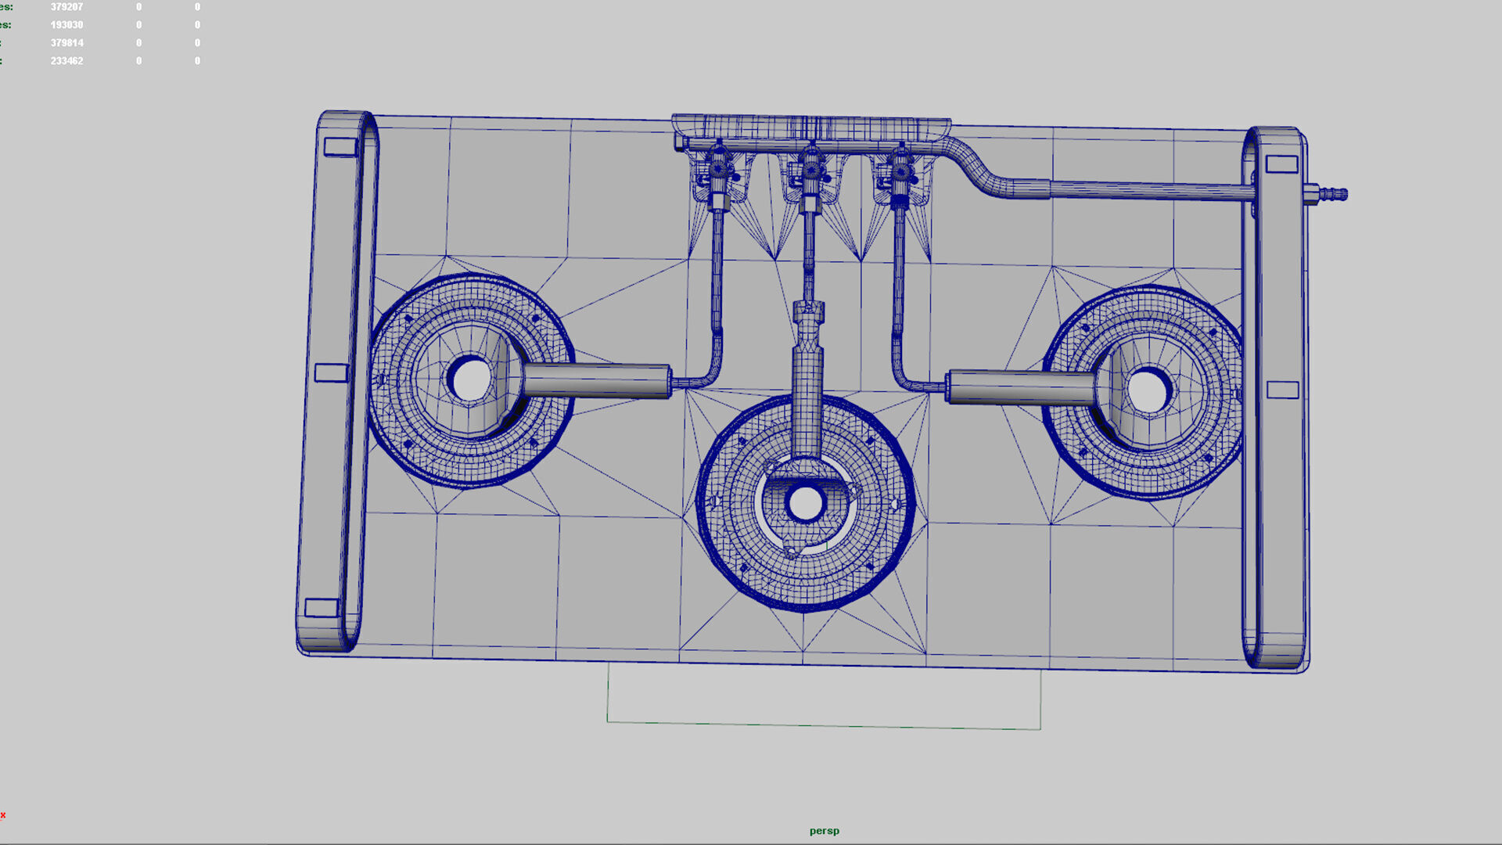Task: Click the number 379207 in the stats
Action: click(66, 7)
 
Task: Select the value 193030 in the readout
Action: click(66, 25)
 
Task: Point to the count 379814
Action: click(66, 43)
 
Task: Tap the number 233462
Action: click(66, 61)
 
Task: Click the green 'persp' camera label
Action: click(824, 831)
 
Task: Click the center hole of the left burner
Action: click(471, 379)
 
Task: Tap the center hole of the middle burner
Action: click(805, 504)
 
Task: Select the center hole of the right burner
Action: click(1147, 391)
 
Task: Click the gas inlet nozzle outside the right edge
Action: click(1329, 193)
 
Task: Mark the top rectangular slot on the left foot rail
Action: click(340, 146)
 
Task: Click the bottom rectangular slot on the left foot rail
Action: click(321, 608)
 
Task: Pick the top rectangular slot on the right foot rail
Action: click(1281, 164)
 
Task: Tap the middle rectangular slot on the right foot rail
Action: click(1282, 390)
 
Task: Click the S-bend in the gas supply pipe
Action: click(978, 168)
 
